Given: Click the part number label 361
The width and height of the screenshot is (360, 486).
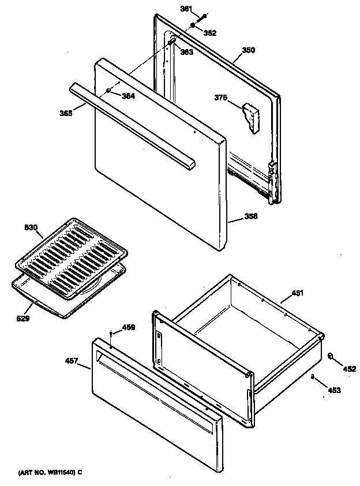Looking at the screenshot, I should coord(186,9).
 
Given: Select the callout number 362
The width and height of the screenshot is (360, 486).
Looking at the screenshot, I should coord(209,33).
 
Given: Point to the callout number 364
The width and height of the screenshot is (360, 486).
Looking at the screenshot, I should coord(128,96).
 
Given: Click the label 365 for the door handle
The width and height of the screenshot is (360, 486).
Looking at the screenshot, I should coord(66,114).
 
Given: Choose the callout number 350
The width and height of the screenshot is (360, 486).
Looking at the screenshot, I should coord(247,50).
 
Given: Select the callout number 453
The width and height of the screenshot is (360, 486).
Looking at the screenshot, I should coord(335,390).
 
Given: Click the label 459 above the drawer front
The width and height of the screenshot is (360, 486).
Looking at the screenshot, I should coord(128,328).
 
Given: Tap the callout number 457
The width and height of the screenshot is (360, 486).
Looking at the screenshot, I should coord(72,361).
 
